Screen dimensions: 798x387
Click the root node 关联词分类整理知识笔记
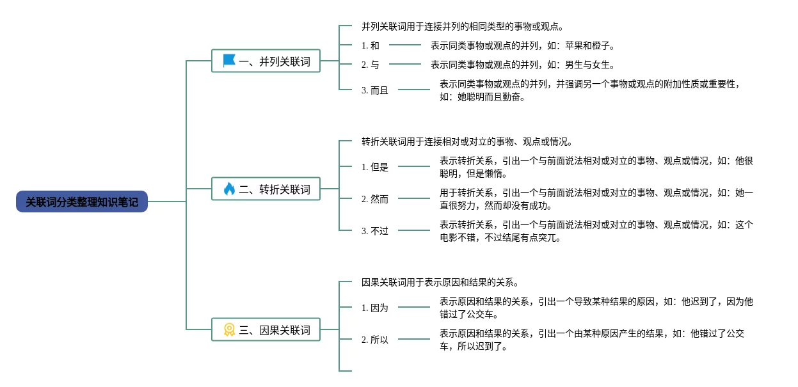(x=82, y=201)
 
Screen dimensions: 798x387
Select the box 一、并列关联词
(x=266, y=61)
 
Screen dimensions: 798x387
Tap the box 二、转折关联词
(x=266, y=189)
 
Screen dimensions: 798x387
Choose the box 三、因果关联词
(x=266, y=329)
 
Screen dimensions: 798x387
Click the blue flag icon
(x=229, y=61)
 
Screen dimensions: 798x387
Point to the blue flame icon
(x=229, y=189)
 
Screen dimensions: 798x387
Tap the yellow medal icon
(x=229, y=329)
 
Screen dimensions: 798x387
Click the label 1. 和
(x=371, y=45)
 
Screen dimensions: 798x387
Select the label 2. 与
(x=371, y=65)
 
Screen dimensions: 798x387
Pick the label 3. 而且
(x=375, y=90)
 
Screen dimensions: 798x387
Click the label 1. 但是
(x=375, y=167)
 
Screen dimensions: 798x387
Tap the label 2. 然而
(x=375, y=199)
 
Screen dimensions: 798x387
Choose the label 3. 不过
(x=375, y=231)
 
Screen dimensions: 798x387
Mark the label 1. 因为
(x=375, y=308)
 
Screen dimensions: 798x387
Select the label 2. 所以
(x=375, y=340)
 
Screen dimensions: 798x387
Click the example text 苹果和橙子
(x=587, y=45)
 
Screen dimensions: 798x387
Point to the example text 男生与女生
(x=587, y=65)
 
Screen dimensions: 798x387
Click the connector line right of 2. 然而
(x=414, y=198)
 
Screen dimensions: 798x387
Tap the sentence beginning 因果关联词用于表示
(x=440, y=282)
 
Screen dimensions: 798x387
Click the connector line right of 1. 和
(x=405, y=45)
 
